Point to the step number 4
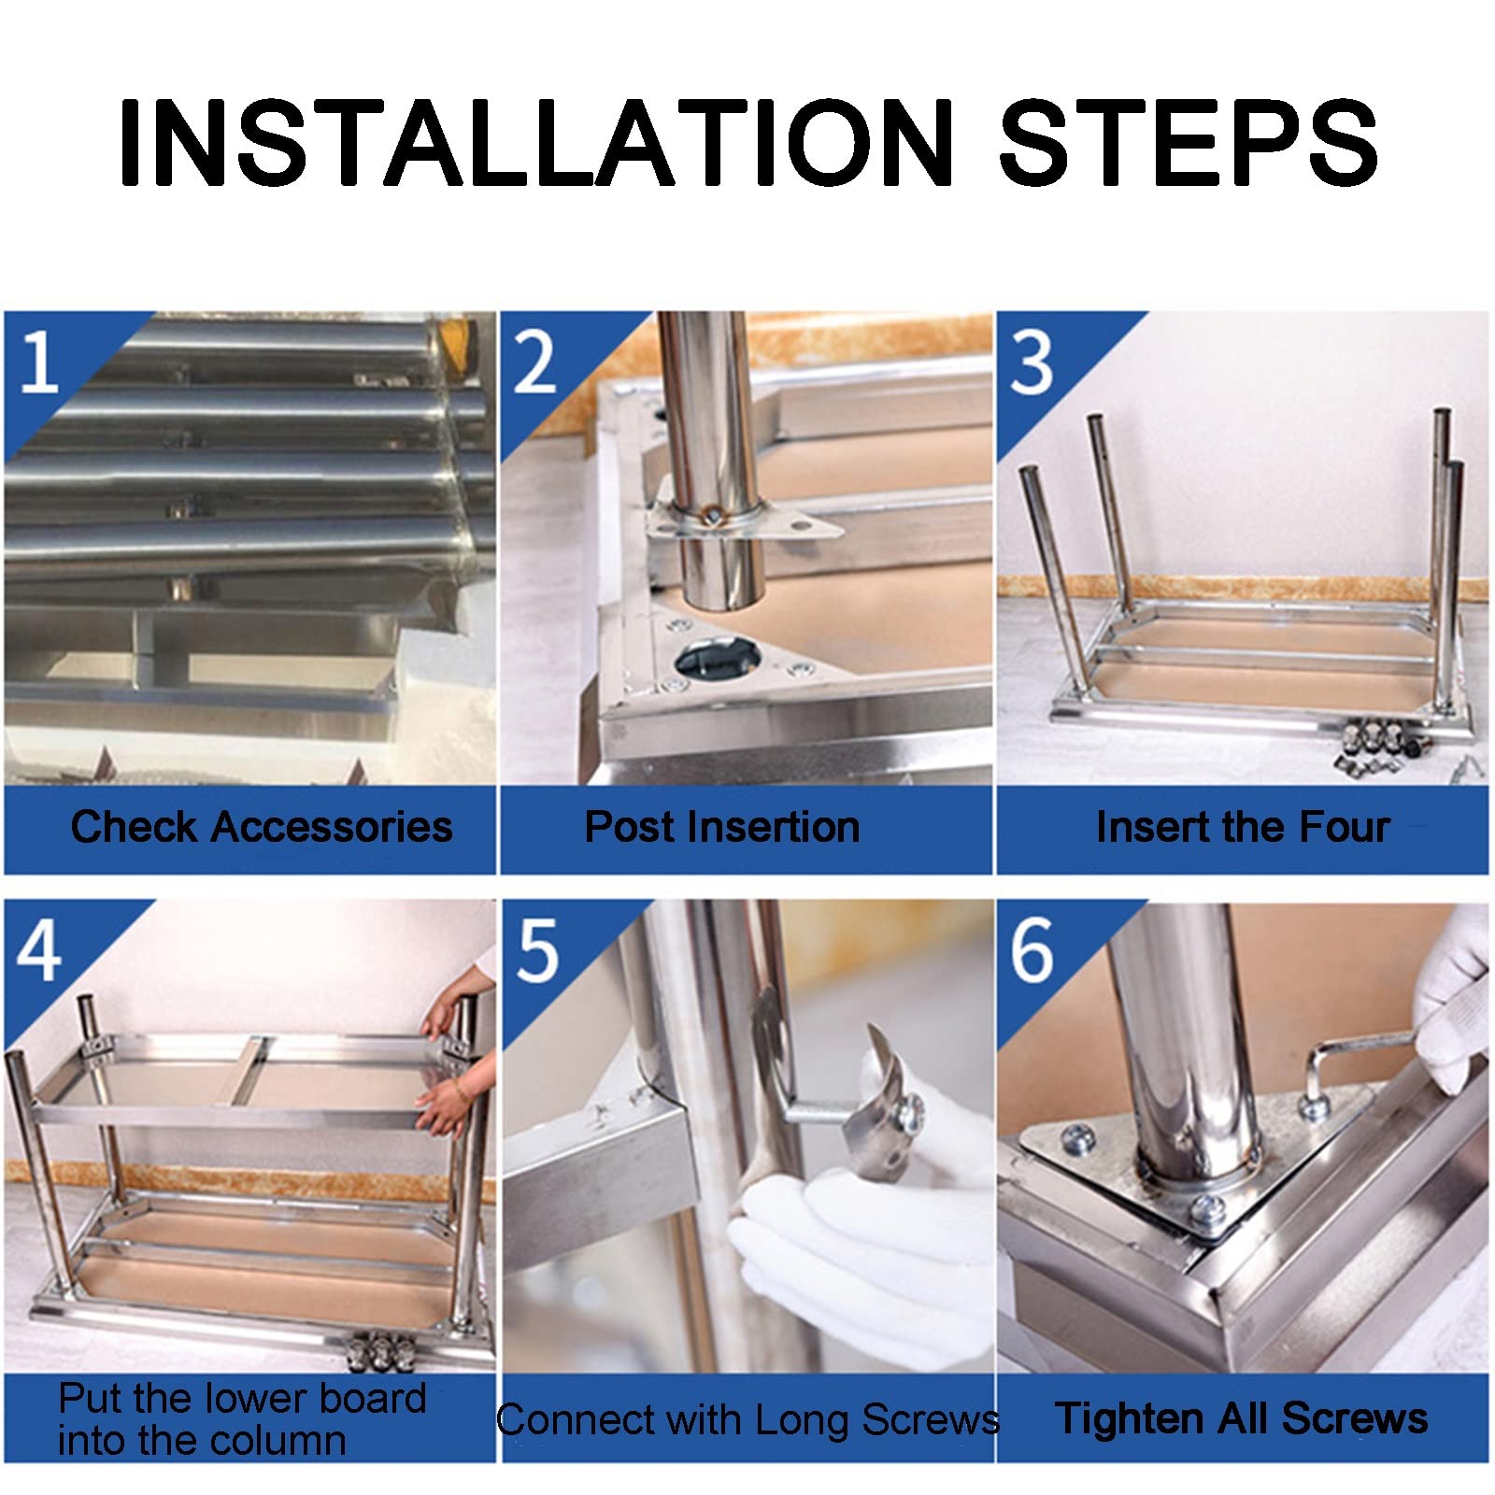coord(39,950)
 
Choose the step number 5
coord(537,950)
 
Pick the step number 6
coord(1032,950)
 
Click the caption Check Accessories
coord(262,828)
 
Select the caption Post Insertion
coord(722,827)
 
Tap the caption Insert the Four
coord(1243,827)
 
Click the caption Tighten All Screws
coord(1241,1419)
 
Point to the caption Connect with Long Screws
coord(747,1420)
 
